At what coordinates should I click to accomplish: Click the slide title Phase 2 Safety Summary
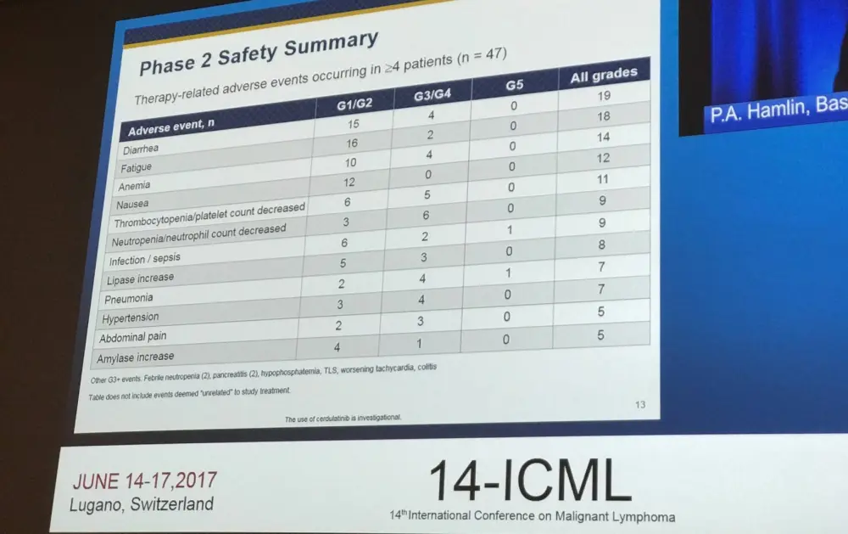[x=258, y=53]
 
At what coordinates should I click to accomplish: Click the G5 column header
[x=514, y=86]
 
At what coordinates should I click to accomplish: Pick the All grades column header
[x=603, y=76]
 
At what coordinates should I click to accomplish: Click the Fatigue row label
[x=137, y=167]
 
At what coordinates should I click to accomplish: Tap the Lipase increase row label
[x=141, y=278]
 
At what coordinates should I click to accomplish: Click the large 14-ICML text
[x=530, y=481]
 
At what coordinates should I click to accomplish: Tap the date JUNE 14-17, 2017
[x=144, y=481]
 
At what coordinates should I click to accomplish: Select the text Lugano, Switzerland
[x=142, y=504]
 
